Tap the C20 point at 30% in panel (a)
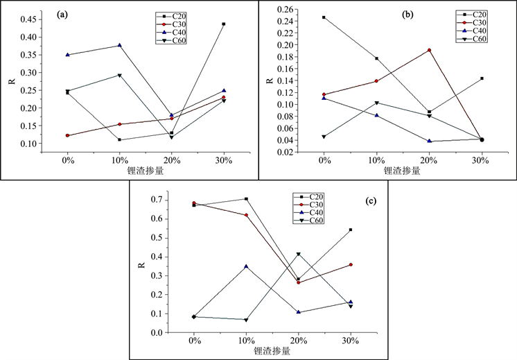[x=223, y=24]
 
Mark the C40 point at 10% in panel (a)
[x=119, y=46]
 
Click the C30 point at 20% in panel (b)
[x=429, y=50]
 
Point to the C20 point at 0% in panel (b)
[x=324, y=17]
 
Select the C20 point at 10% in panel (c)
[x=246, y=199]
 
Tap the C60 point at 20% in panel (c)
[x=299, y=255]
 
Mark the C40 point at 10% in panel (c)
[x=246, y=266]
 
